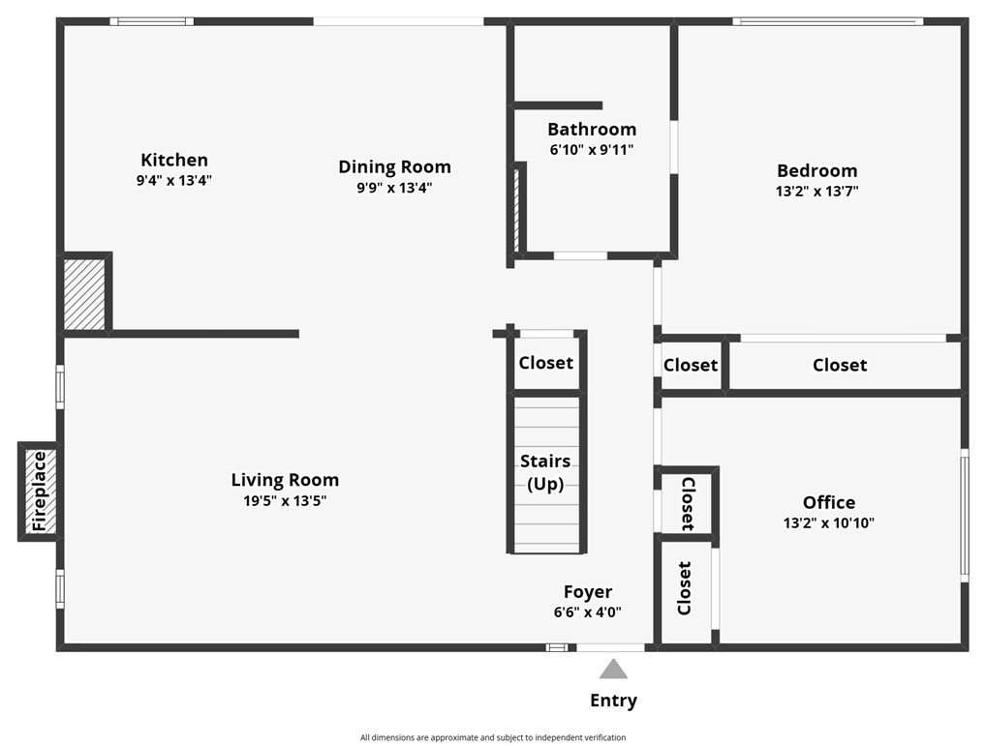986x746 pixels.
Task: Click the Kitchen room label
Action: click(x=174, y=160)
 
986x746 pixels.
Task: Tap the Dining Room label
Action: click(x=395, y=167)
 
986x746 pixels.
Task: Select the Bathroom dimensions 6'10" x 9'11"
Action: click(x=592, y=149)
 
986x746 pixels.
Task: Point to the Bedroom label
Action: click(x=817, y=171)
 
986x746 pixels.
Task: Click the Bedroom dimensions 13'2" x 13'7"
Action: click(x=817, y=191)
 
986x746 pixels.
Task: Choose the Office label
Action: click(x=829, y=502)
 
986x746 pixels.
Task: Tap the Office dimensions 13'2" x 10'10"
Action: click(x=829, y=522)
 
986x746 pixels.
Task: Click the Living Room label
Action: click(x=285, y=480)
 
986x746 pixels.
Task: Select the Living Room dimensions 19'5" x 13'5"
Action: click(x=285, y=500)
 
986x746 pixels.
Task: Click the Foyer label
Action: click(x=588, y=592)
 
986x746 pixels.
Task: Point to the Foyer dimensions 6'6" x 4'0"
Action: click(x=588, y=612)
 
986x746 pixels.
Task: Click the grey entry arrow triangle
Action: click(x=613, y=670)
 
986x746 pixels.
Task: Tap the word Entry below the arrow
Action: click(x=614, y=701)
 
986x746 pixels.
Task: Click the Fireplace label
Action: click(x=39, y=492)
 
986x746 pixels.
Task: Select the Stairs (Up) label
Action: click(x=545, y=472)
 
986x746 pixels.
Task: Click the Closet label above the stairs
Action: click(x=546, y=363)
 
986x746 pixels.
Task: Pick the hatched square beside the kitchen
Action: click(x=84, y=294)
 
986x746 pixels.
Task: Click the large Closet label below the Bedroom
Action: click(x=840, y=365)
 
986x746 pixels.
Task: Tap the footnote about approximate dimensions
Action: click(x=493, y=738)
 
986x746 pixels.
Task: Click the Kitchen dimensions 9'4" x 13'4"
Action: click(x=174, y=180)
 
